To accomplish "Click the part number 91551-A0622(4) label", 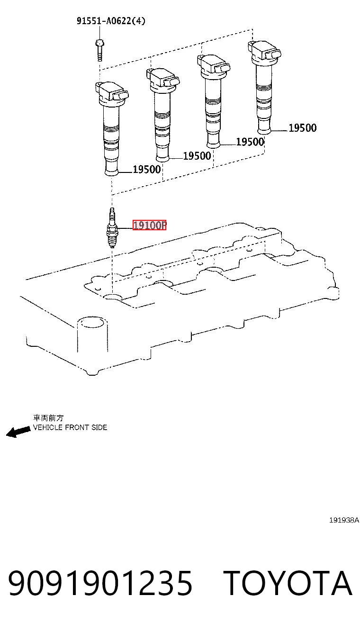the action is (111, 21).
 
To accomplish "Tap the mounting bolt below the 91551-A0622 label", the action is (99, 50).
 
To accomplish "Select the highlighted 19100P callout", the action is (150, 225).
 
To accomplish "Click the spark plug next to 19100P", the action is (112, 228).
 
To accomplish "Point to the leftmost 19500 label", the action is (147, 169).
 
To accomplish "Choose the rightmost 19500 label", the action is (302, 128).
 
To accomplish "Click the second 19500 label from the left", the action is (197, 155).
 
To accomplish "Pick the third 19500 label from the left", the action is (250, 142).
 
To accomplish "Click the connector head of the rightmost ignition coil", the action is (265, 51).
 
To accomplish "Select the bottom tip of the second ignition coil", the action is (162, 160).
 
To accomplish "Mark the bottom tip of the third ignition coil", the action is (213, 145).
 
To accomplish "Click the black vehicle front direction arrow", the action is (18, 432).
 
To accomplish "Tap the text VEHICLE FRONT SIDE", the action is (70, 427).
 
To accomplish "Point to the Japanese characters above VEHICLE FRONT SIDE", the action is (48, 418).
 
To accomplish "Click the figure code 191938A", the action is (344, 520).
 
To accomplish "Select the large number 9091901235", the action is (100, 583).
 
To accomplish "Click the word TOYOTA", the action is (288, 583).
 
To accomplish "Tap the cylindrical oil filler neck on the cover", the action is (92, 334).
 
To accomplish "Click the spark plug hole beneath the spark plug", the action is (112, 297).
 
